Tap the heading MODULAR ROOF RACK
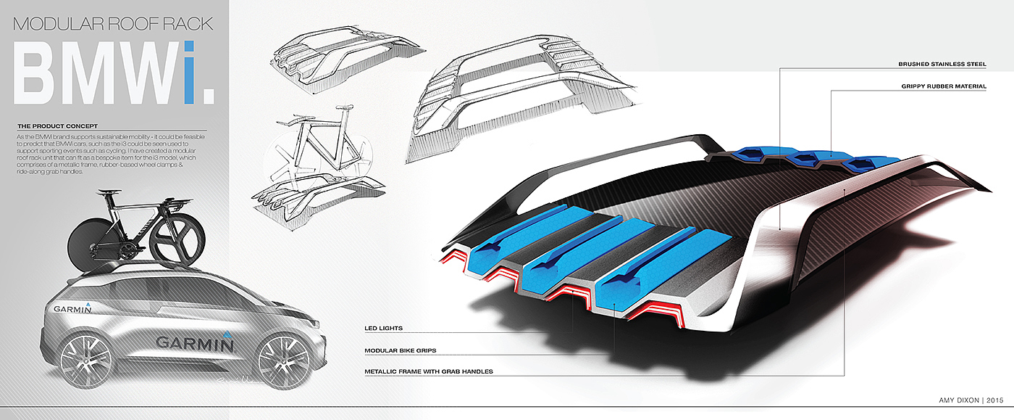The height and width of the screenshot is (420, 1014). pos(114,24)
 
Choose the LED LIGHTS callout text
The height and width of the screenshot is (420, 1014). pos(384,329)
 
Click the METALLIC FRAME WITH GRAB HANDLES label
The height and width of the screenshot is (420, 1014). pos(430,372)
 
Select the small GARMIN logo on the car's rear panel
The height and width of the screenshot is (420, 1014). pos(72,309)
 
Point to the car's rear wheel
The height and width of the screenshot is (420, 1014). pos(86,361)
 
